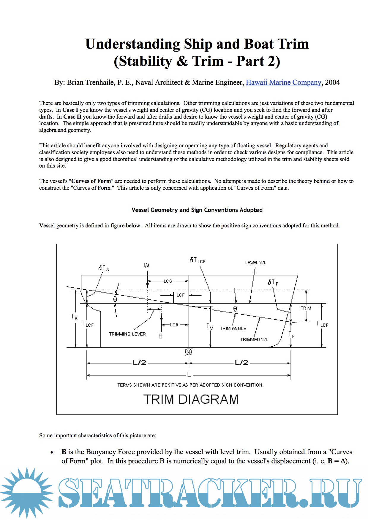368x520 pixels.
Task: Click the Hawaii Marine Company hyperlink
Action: point(283,82)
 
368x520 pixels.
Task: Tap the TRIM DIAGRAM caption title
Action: point(191,399)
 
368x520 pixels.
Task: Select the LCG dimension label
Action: point(168,281)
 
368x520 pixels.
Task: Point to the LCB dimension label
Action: point(174,325)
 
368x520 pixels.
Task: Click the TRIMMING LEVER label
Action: point(127,334)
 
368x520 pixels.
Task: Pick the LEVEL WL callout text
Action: point(255,263)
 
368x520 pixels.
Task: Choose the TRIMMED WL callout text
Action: point(254,340)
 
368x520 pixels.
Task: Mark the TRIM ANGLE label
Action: point(233,328)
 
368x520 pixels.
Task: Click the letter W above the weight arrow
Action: point(146,266)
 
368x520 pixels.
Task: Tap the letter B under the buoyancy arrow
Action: point(160,336)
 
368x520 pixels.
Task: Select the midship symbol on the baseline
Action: point(189,352)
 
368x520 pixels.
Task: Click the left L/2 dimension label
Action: point(139,363)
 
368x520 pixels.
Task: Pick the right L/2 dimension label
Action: point(241,363)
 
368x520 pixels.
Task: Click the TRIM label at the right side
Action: point(306,308)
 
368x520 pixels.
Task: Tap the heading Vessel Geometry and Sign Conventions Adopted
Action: point(197,210)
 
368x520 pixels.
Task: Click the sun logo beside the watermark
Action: point(27,492)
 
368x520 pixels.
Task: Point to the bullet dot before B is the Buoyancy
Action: point(52,453)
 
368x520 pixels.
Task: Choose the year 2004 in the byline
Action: point(332,82)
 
